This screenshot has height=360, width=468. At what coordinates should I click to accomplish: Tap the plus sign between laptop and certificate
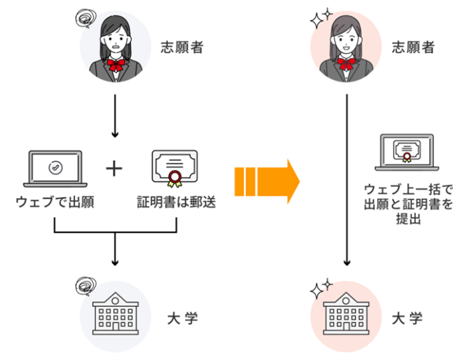tap(114, 169)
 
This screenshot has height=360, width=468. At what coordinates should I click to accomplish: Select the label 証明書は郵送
tap(174, 201)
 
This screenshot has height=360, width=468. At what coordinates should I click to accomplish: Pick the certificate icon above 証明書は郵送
tap(175, 168)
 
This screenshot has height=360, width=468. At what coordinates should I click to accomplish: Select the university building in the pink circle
tap(346, 313)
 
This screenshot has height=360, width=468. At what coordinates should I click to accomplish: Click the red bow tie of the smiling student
tap(346, 65)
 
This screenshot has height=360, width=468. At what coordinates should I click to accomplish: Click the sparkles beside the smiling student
tap(320, 18)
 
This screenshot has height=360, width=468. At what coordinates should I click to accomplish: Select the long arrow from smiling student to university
tap(346, 180)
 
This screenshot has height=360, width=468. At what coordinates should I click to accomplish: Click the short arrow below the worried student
tap(115, 116)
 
